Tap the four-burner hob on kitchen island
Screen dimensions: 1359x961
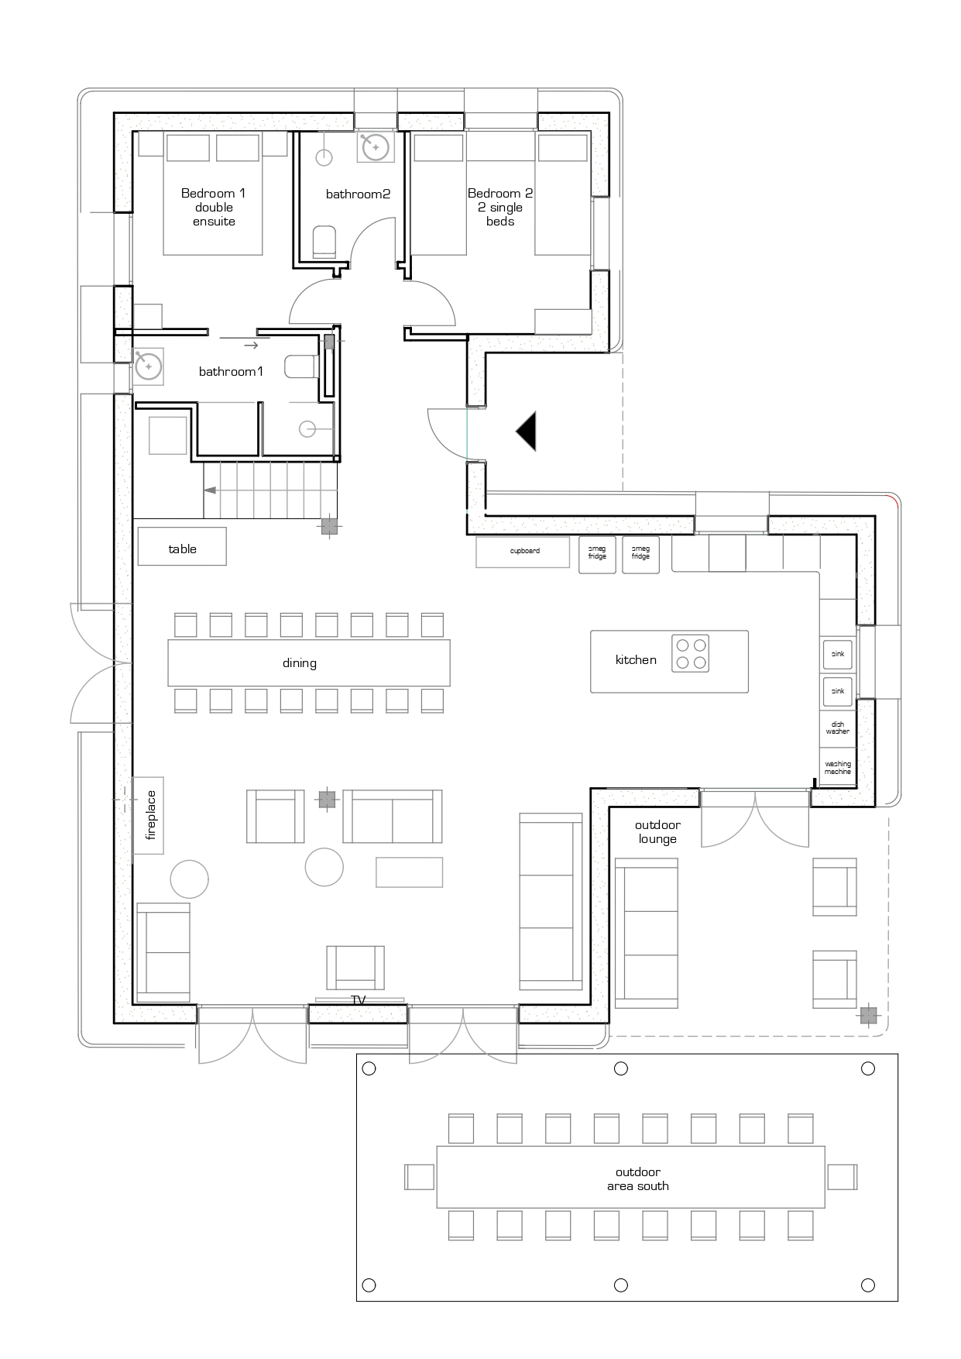point(690,653)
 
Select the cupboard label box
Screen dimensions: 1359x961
point(524,552)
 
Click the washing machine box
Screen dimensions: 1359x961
point(837,768)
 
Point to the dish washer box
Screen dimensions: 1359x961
point(837,728)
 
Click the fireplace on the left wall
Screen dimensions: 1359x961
point(149,815)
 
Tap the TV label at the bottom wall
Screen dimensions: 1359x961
point(359,1000)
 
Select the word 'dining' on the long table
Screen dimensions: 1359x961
point(300,663)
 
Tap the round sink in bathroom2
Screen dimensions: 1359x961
point(376,146)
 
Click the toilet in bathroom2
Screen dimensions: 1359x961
point(324,242)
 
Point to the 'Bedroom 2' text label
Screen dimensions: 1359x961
point(500,194)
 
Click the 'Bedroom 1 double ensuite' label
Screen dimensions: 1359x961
point(214,207)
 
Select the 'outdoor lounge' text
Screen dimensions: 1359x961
point(657,832)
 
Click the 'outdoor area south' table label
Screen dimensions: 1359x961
point(637,1178)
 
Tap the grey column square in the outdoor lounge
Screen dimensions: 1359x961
point(868,1015)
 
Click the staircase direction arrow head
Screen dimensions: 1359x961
point(210,490)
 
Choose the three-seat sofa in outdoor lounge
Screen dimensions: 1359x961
point(647,932)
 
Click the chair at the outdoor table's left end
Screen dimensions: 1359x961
point(420,1177)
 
